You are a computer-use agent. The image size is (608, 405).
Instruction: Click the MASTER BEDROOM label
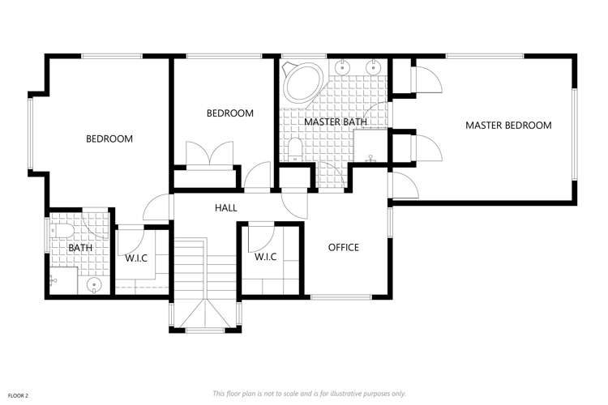point(508,126)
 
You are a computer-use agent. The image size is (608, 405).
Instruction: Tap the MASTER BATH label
point(336,122)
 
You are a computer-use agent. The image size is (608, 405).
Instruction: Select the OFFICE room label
point(343,247)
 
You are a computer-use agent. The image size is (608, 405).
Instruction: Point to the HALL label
point(226,208)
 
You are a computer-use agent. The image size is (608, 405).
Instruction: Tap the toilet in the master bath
point(296,148)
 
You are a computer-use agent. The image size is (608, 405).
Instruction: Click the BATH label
point(80,248)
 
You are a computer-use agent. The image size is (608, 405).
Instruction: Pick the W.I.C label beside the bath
point(135,258)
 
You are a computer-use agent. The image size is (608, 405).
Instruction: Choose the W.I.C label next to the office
point(266,257)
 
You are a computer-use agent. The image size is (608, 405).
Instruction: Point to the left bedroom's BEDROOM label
point(109,139)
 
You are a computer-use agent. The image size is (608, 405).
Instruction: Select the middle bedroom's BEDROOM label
point(229,113)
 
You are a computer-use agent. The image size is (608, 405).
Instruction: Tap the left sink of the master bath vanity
point(343,67)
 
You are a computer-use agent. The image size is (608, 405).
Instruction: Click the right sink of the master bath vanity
point(375,67)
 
